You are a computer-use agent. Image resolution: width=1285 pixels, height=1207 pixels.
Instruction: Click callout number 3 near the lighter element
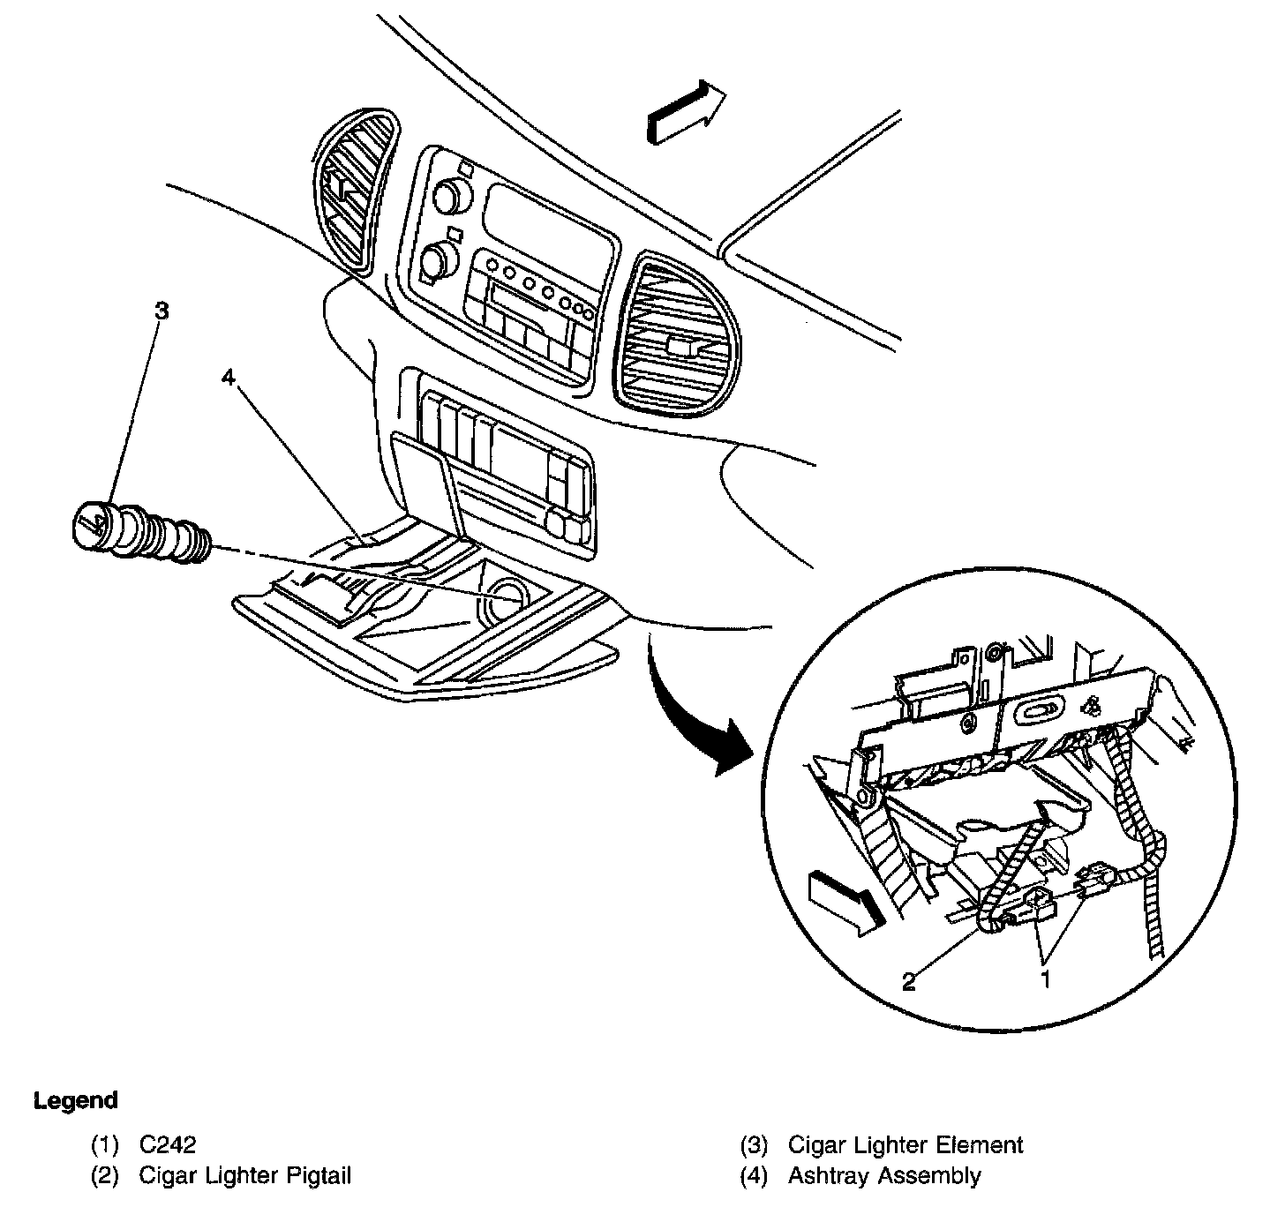tap(161, 311)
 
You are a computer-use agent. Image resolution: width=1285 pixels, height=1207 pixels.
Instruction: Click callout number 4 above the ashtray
tap(229, 378)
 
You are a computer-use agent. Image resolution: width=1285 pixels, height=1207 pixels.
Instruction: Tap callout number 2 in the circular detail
tap(909, 980)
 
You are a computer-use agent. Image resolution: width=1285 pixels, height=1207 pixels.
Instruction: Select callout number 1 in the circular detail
tap(1047, 978)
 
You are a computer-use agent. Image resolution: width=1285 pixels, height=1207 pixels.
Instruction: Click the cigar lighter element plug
tap(139, 533)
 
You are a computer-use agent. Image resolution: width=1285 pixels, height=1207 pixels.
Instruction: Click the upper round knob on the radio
tap(451, 193)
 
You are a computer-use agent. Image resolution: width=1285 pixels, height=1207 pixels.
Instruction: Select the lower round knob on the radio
tap(435, 259)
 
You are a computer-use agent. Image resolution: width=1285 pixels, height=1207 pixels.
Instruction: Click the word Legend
tap(75, 1101)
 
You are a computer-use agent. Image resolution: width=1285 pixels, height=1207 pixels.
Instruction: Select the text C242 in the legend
tap(168, 1145)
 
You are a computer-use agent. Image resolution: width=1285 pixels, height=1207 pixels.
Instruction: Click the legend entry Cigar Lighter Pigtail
tap(245, 1176)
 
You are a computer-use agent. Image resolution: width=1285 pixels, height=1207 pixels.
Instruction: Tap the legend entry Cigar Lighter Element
tap(905, 1145)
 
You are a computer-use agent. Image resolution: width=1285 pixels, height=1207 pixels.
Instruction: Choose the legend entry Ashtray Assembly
tap(883, 1176)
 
